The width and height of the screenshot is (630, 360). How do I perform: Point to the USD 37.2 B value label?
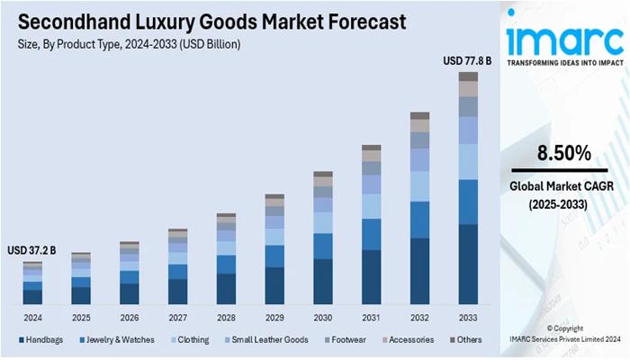tap(31, 250)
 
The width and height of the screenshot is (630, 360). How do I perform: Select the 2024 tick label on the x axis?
tap(32, 318)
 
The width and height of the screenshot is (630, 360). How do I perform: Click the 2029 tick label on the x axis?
tap(274, 318)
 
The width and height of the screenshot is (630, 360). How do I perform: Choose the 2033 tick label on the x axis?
tap(468, 318)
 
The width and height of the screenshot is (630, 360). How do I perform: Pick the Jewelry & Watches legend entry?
tap(117, 340)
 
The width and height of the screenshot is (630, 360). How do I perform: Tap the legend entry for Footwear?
tap(347, 340)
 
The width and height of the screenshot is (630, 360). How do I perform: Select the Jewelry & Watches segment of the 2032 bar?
tap(419, 220)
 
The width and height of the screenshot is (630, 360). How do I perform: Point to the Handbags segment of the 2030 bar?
tap(322, 281)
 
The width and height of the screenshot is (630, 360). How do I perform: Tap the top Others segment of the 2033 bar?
tap(468, 76)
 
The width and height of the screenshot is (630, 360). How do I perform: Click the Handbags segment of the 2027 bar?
tap(177, 291)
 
